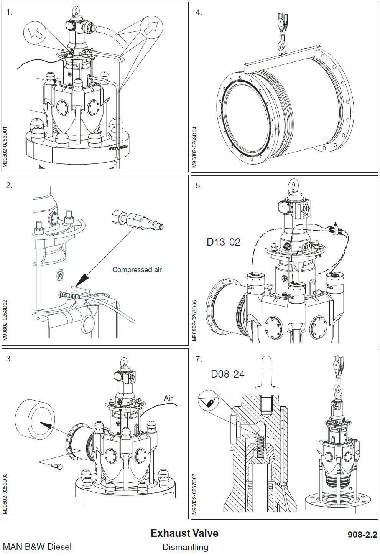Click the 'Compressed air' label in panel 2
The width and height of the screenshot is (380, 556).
(137, 270)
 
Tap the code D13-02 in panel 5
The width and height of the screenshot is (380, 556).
(223, 242)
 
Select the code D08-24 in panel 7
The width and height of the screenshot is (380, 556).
(227, 374)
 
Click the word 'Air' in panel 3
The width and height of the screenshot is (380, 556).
(168, 398)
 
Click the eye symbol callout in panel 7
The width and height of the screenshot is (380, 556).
(209, 402)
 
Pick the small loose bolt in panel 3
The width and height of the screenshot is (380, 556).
(57, 466)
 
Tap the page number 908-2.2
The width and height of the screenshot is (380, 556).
(362, 535)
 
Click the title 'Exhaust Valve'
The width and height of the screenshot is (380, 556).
(184, 533)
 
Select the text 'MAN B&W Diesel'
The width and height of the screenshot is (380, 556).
(37, 546)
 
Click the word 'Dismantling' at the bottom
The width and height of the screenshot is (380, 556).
(185, 547)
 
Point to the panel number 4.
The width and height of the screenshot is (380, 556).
(198, 12)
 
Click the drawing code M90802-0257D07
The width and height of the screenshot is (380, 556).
(194, 494)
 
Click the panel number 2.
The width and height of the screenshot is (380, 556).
(9, 186)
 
